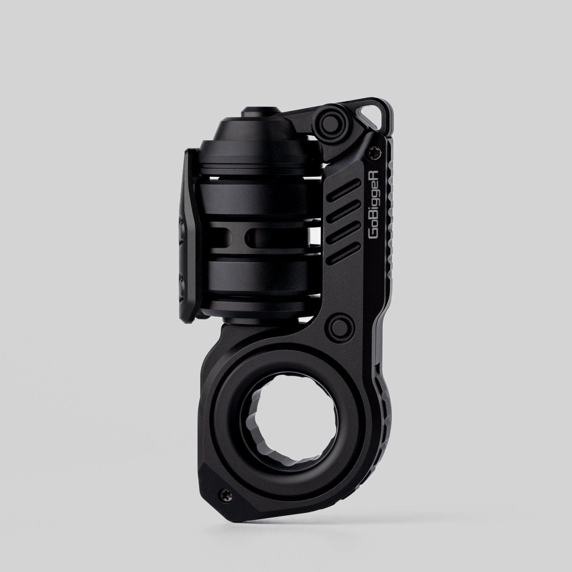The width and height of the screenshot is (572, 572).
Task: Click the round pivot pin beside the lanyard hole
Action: point(331,119)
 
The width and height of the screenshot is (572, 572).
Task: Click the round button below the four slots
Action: point(340,327)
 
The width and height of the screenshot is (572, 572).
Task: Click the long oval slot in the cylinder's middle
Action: point(278,237)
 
